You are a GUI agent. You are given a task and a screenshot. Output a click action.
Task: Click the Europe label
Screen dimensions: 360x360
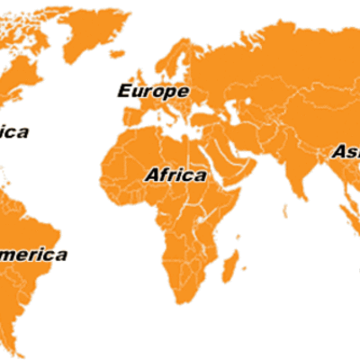point(154,91)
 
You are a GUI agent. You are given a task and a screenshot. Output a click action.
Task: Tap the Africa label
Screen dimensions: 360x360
point(175,175)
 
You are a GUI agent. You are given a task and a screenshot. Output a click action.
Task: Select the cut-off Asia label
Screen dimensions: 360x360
point(346,152)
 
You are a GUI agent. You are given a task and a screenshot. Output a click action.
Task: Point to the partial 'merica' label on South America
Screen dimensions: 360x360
point(33,255)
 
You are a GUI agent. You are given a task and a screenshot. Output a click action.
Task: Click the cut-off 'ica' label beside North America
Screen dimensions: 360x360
point(14,132)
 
